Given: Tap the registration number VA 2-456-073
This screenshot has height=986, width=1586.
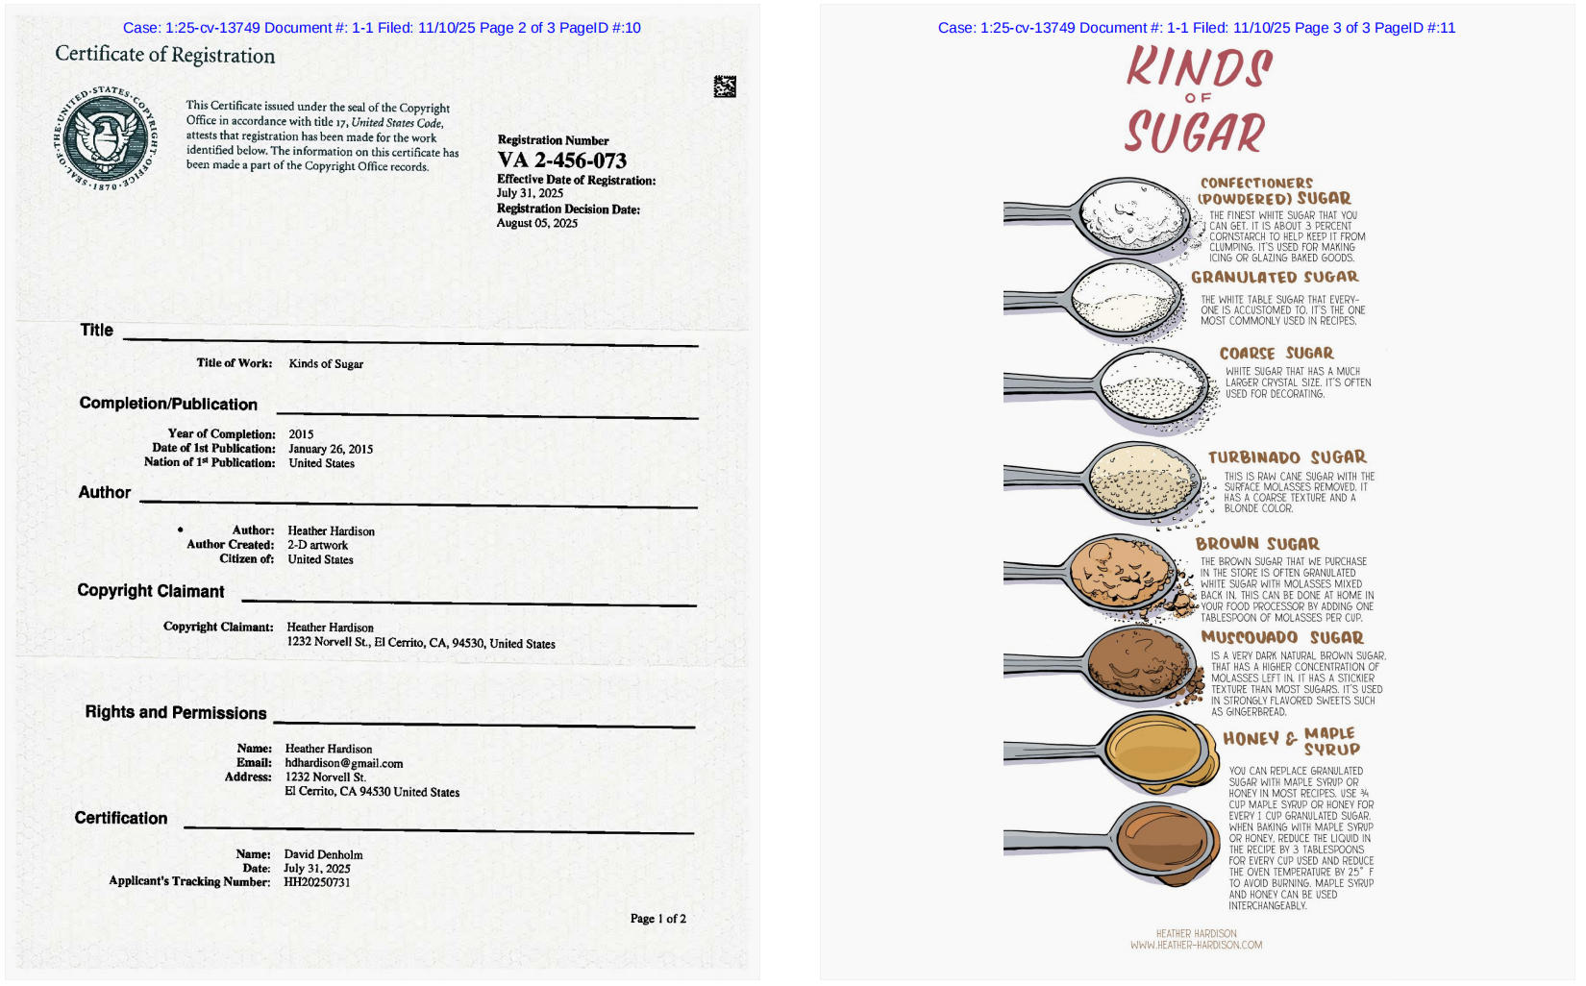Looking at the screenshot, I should click(x=561, y=160).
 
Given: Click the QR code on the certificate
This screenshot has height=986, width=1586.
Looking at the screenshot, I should click(x=725, y=86).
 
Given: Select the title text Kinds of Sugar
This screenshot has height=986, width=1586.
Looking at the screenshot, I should click(x=326, y=364).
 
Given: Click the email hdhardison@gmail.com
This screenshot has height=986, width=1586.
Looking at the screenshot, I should click(x=344, y=763).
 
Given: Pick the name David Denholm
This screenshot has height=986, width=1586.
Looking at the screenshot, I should click(x=323, y=854).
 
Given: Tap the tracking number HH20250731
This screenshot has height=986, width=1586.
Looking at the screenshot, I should click(x=316, y=882).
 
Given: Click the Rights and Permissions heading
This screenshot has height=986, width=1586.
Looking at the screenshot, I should click(x=176, y=712).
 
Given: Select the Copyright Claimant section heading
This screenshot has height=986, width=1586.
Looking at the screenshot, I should click(x=151, y=591).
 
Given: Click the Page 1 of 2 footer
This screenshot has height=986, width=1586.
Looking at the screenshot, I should click(x=657, y=919).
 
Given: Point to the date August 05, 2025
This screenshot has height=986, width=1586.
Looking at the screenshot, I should click(x=536, y=223).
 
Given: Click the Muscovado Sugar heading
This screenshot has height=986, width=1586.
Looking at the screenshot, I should click(x=1281, y=637).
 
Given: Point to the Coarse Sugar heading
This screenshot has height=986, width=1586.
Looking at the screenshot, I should click(x=1276, y=354).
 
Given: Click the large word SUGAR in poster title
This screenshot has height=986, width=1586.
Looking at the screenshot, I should click(x=1195, y=133).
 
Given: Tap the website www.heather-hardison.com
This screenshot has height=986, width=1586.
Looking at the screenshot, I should click(x=1196, y=946).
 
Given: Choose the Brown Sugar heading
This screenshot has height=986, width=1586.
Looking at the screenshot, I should click(x=1257, y=544).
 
